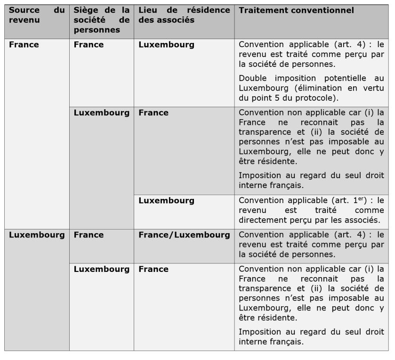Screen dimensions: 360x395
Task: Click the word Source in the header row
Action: click(x=24, y=10)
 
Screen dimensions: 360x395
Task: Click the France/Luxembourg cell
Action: click(x=184, y=235)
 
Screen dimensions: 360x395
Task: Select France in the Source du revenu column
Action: click(x=24, y=45)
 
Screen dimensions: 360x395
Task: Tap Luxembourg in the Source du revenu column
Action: click(x=37, y=235)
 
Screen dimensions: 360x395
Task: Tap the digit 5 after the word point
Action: click(x=279, y=98)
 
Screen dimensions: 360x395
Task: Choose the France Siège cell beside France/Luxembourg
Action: click(x=89, y=235)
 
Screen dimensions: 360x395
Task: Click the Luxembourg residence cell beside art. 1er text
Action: click(x=166, y=200)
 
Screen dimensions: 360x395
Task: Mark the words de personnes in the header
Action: click(x=97, y=30)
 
